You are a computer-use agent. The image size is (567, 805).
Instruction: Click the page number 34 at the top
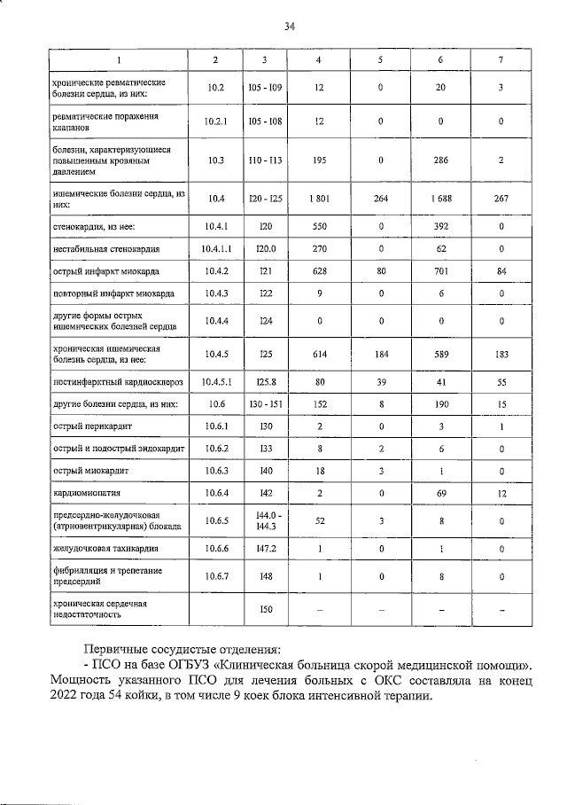tap(289, 27)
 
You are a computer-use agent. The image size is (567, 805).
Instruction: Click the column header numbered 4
tap(320, 59)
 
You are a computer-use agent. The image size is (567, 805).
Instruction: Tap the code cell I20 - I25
tap(265, 199)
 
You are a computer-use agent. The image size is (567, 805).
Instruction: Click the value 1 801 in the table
tap(320, 199)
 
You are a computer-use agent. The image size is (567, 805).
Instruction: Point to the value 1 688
tap(441, 199)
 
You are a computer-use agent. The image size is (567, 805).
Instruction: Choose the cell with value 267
tap(501, 199)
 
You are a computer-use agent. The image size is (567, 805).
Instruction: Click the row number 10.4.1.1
tap(216, 250)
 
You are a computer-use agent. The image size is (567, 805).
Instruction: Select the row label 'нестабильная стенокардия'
tap(105, 250)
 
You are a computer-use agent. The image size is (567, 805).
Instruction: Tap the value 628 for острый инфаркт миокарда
tap(320, 271)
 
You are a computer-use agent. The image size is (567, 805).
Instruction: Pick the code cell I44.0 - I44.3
tap(265, 521)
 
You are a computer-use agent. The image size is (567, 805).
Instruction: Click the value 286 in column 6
tap(441, 160)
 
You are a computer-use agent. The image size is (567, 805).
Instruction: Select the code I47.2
tap(265, 551)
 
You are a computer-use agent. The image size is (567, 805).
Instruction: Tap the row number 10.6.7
tap(216, 577)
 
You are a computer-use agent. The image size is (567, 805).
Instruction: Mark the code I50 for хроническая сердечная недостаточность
tap(265, 608)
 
